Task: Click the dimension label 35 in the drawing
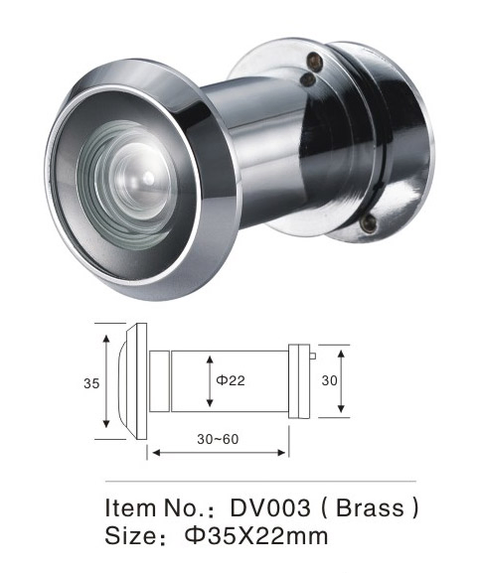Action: (91, 383)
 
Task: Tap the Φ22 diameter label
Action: (231, 380)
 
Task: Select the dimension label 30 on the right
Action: (330, 380)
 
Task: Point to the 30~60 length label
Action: (218, 439)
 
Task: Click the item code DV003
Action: (270, 507)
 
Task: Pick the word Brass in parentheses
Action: (370, 507)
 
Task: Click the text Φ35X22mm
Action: (256, 535)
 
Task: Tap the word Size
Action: (130, 535)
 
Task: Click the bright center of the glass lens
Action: (148, 178)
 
